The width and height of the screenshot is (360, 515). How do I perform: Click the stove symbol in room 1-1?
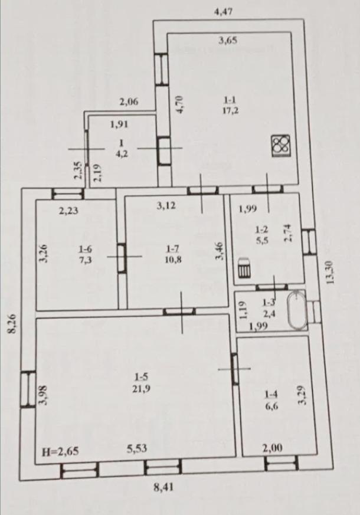(x=281, y=145)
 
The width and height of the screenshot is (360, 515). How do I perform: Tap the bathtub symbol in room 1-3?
(x=297, y=310)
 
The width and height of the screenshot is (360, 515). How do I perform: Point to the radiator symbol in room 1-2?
(x=244, y=268)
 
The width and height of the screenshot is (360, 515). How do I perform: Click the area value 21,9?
(x=141, y=389)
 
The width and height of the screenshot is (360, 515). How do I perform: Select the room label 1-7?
(x=173, y=249)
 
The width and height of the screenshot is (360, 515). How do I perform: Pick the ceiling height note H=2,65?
(x=61, y=451)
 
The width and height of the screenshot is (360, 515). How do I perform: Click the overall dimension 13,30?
(x=329, y=273)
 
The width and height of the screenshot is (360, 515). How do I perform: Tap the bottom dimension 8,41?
(x=163, y=487)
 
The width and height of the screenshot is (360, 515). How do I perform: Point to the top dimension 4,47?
(x=223, y=12)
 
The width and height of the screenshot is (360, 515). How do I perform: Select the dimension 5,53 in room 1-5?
(x=137, y=448)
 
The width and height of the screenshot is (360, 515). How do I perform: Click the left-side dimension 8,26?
(x=12, y=324)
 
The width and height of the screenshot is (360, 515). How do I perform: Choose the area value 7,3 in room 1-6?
(x=86, y=260)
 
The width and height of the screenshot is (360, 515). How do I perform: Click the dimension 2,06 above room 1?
(x=129, y=102)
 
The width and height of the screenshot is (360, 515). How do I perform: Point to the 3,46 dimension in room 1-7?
(x=219, y=251)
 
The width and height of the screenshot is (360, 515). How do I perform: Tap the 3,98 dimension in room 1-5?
(x=44, y=395)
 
